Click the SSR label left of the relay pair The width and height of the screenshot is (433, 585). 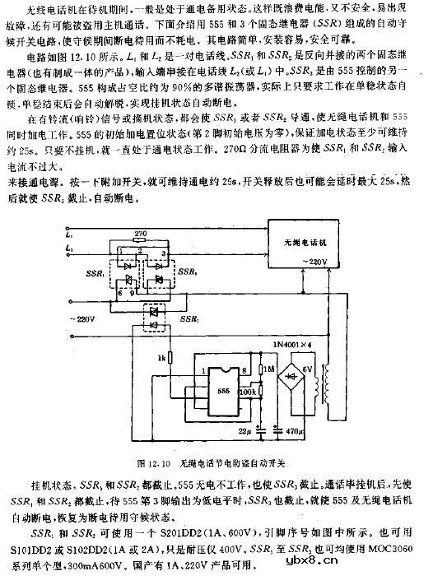[x=86, y=272]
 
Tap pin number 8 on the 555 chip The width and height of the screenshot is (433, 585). [x=240, y=370]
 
